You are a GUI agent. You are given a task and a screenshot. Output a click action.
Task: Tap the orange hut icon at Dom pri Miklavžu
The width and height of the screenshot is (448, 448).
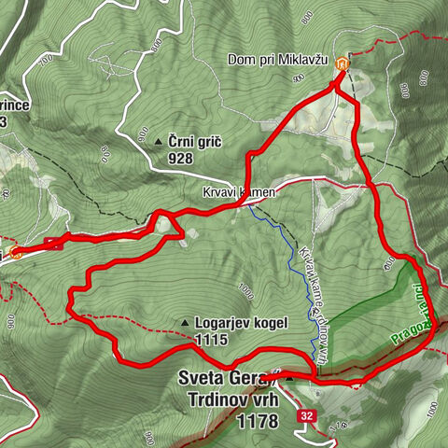click(x=343, y=64)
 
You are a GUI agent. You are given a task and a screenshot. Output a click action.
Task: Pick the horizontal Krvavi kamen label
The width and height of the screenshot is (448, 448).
click(x=238, y=191)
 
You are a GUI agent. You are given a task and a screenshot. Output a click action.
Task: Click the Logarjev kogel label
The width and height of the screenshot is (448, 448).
click(x=241, y=323)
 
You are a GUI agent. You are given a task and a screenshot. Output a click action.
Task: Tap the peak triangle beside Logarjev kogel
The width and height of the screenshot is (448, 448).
click(x=187, y=324)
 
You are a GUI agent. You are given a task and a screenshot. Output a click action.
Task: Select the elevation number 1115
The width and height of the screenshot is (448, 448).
click(x=212, y=341)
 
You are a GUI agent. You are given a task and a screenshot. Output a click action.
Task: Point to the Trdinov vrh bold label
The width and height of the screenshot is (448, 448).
click(x=231, y=399)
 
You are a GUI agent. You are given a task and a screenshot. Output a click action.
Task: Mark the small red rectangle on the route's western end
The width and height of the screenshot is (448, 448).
click(x=53, y=245)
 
